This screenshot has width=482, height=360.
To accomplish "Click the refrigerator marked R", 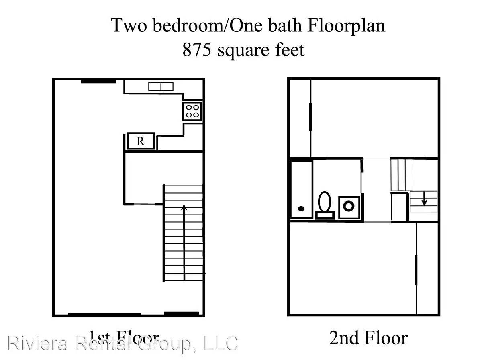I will point(141,141).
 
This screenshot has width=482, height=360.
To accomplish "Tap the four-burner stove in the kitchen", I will point(192,111).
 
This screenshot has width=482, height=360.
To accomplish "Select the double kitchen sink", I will point(161,86).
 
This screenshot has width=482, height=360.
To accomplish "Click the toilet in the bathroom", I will point(325,201).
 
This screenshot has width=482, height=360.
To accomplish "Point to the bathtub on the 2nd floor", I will point(301,189).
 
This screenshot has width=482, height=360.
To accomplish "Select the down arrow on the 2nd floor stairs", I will point(424,198).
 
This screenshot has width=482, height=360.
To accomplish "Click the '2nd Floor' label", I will point(368,338).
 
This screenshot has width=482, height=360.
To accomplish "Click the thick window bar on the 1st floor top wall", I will point(98,82).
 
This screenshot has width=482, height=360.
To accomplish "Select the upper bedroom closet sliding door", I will point(310,117).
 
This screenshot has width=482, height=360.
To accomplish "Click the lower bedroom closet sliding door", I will point(416,269).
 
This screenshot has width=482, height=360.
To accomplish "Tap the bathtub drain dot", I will point(301,209).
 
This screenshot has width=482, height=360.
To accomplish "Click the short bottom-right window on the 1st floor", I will point(182,313).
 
